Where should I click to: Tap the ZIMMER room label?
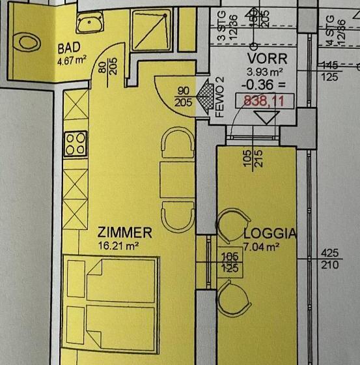click(x=124, y=233)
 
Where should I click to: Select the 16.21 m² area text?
click(x=120, y=246)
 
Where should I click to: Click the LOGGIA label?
click(x=270, y=233)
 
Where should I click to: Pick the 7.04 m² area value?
click(x=262, y=246)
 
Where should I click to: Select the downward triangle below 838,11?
click(x=264, y=118)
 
